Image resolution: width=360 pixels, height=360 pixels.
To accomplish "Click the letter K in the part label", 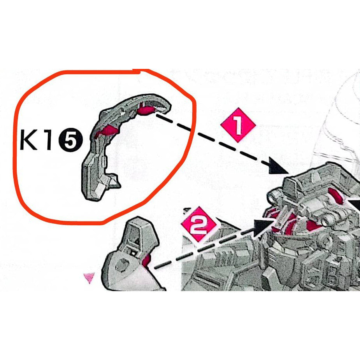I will (x=30, y=141).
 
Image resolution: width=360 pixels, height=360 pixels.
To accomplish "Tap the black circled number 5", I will (x=68, y=141).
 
